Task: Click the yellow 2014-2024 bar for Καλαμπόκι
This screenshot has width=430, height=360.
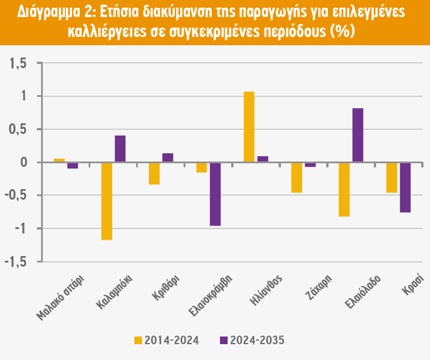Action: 107,201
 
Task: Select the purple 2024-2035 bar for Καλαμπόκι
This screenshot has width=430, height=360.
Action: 120,149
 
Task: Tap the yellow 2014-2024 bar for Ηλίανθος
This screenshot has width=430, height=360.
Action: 249,127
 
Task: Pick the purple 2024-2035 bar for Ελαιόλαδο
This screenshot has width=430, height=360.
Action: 358,135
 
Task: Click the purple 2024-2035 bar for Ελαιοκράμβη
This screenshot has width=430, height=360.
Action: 215,194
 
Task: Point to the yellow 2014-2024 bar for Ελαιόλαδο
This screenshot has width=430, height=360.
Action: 344,189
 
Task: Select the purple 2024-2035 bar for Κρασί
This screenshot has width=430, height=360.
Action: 405,187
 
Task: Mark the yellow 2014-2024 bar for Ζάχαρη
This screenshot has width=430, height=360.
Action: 297,177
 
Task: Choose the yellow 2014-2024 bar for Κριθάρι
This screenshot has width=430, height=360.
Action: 154,173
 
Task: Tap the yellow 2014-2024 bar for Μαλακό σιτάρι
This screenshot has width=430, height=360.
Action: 59,160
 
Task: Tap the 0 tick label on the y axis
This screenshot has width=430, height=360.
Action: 23,163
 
